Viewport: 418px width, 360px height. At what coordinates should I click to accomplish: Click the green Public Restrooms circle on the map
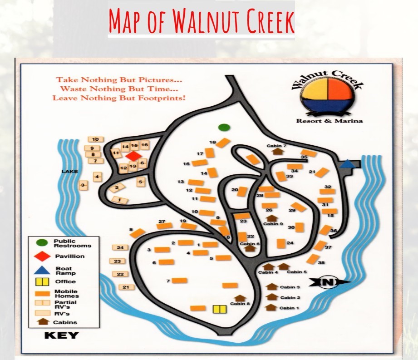pyautogui.click(x=223, y=127)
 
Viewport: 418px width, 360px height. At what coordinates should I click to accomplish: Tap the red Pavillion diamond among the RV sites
pyautogui.click(x=134, y=156)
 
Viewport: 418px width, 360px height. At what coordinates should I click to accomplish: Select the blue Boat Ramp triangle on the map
pyautogui.click(x=347, y=164)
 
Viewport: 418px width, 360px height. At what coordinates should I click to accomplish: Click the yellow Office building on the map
pyautogui.click(x=220, y=309)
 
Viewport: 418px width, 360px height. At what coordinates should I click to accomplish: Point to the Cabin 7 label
pyautogui.click(x=278, y=146)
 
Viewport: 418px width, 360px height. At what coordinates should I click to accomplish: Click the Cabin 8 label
pyautogui.click(x=240, y=304)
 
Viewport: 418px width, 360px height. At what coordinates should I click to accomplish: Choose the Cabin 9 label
pyautogui.click(x=273, y=224)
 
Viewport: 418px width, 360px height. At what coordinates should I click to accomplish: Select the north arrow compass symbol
pyautogui.click(x=330, y=282)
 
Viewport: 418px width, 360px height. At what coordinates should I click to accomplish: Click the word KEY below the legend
pyautogui.click(x=61, y=336)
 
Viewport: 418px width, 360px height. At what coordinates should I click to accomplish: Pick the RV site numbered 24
pyautogui.click(x=120, y=247)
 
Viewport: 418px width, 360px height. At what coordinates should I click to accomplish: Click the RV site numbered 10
pyautogui.click(x=95, y=139)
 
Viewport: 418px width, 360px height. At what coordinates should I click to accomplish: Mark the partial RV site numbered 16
pyautogui.click(x=144, y=145)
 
